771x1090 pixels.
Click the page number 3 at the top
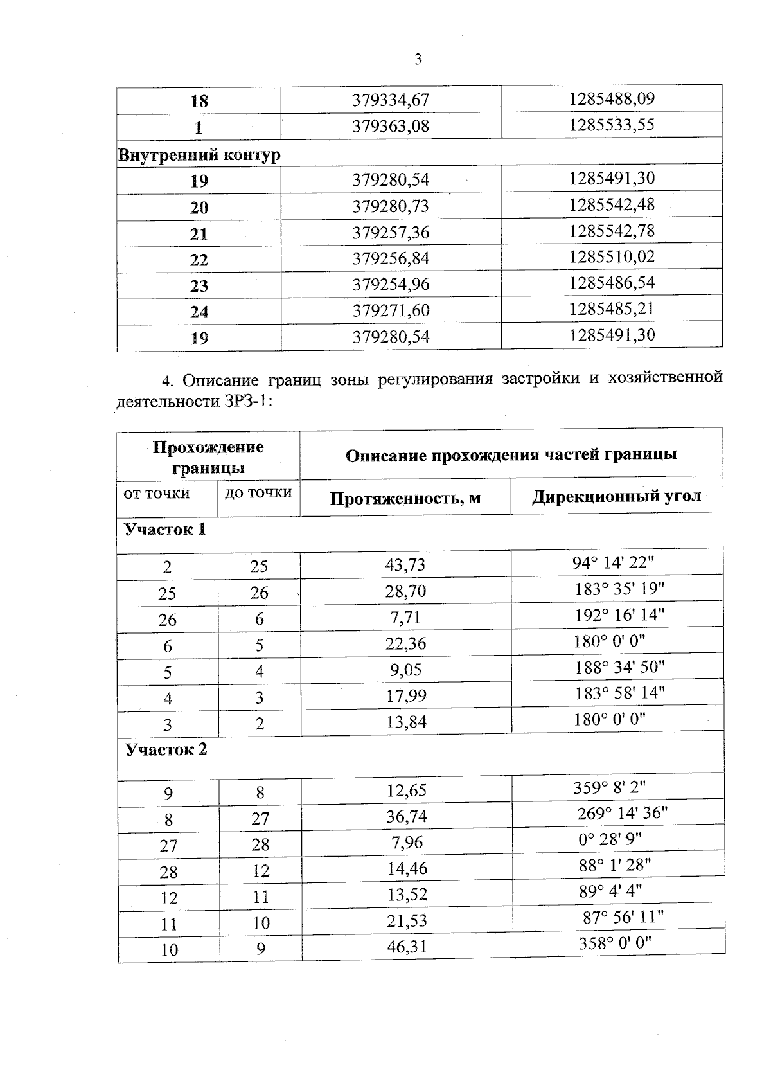click(x=418, y=60)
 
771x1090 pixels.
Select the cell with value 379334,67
click(x=391, y=101)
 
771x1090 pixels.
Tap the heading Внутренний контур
click(x=199, y=155)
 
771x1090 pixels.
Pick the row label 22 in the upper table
click(x=199, y=260)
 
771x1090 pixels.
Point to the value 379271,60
click(x=391, y=311)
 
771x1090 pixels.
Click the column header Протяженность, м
click(x=405, y=498)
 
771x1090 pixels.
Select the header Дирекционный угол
click(x=616, y=497)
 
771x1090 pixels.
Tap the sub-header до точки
click(x=258, y=493)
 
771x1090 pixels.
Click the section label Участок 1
click(x=165, y=530)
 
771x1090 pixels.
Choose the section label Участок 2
click(x=166, y=750)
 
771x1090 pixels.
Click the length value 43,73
click(x=405, y=565)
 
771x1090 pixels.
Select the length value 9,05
click(x=405, y=670)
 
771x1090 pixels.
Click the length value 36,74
click(x=407, y=816)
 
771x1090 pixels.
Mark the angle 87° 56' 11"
click(x=623, y=917)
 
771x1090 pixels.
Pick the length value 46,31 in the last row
click(x=407, y=947)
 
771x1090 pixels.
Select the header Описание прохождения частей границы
click(x=511, y=455)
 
